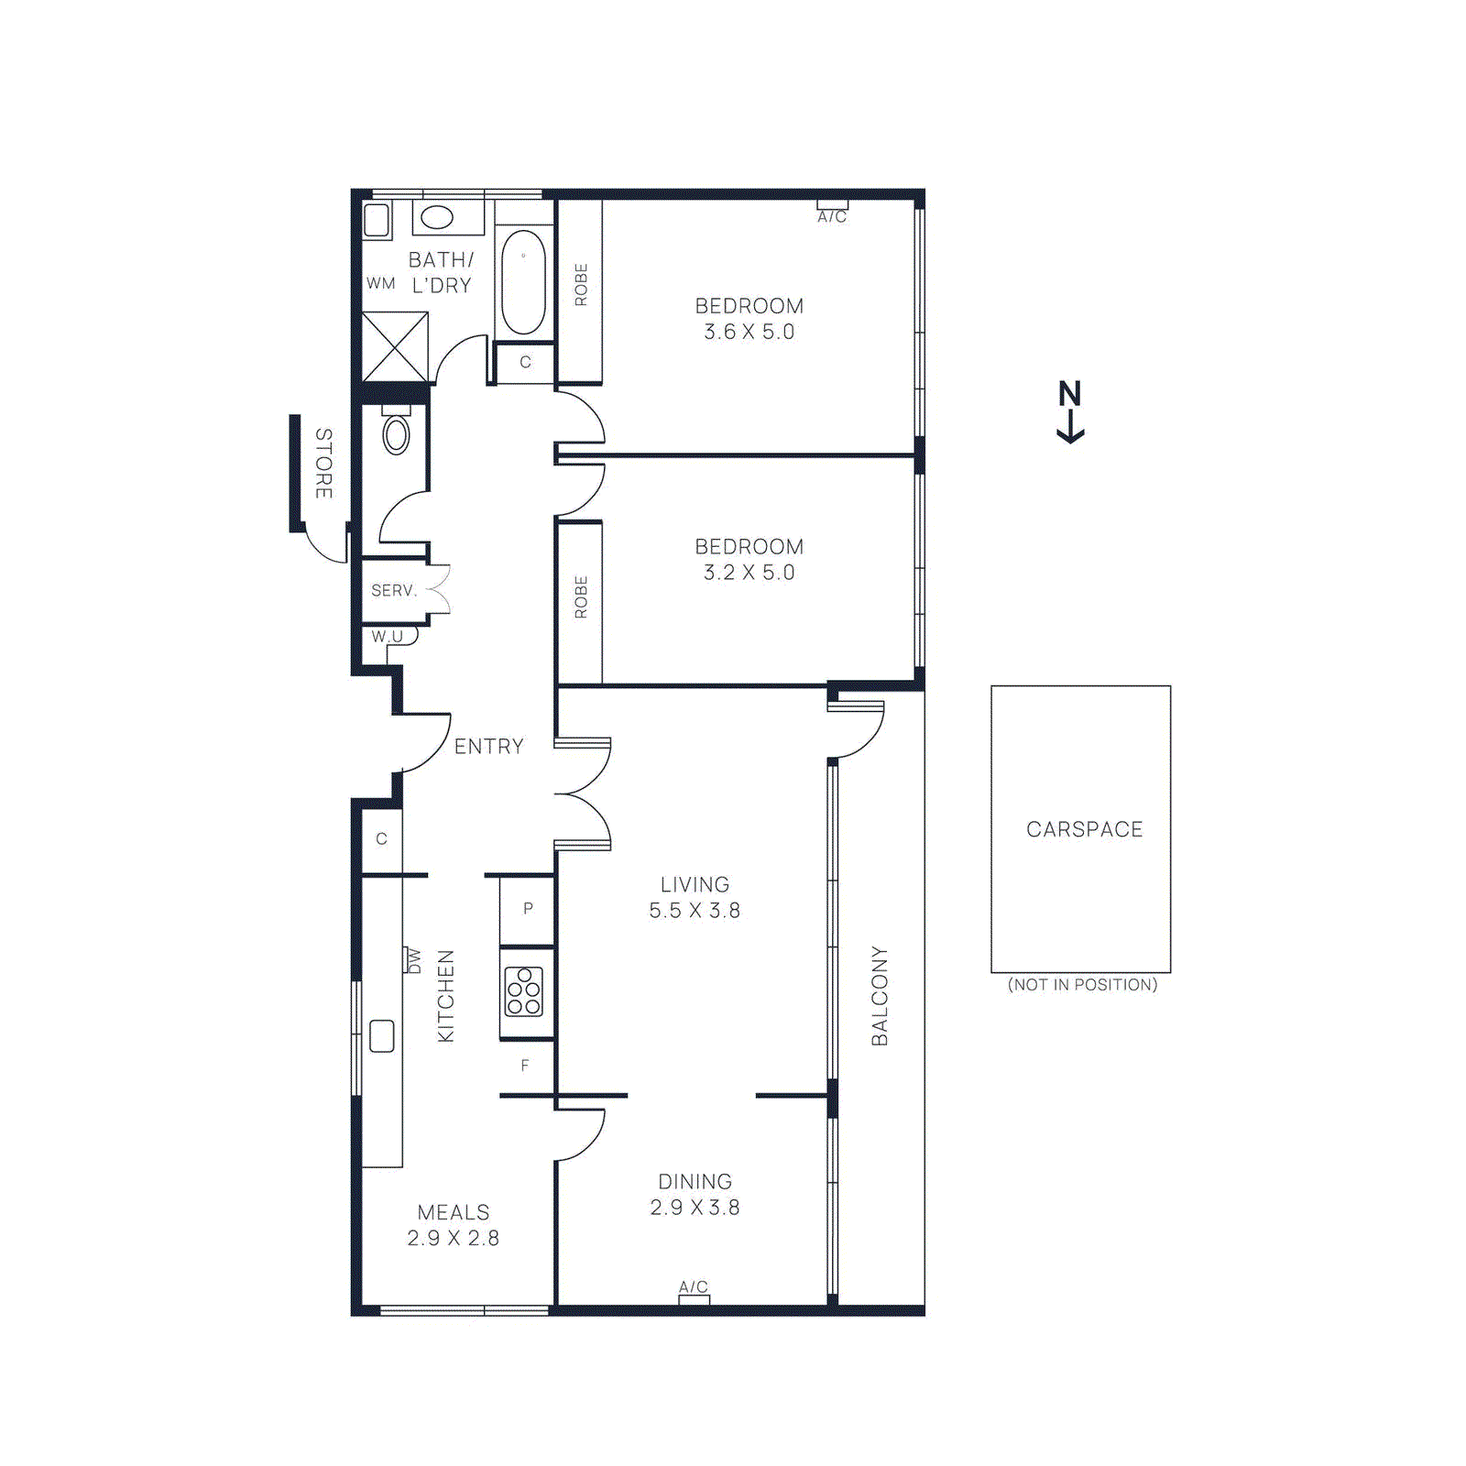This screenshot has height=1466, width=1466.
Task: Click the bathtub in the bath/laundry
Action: [523, 282]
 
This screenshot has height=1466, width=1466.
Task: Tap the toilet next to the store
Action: [396, 434]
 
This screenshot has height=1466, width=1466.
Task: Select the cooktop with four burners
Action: [524, 991]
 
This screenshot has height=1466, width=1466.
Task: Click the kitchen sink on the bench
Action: [382, 1036]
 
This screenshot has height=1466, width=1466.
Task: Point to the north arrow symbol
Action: [1070, 411]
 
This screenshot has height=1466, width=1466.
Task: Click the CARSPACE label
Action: [1084, 829]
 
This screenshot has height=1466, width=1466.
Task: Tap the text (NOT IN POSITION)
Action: [1082, 985]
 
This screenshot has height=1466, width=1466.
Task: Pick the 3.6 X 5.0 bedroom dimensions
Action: [749, 332]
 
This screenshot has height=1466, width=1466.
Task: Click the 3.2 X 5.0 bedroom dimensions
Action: [749, 573]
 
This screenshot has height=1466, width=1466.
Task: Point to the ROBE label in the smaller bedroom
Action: [581, 597]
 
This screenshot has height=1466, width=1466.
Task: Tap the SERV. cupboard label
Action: [394, 591]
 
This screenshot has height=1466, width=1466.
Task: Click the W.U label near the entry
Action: [388, 636]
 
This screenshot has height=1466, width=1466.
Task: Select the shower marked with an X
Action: [395, 347]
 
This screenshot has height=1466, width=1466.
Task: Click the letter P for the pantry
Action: [528, 909]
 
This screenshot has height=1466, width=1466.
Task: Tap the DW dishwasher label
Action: [413, 961]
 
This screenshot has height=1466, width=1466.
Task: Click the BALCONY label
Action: [880, 996]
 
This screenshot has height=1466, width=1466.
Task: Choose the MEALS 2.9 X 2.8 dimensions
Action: [453, 1238]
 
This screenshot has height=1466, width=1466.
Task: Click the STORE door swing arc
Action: [323, 549]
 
